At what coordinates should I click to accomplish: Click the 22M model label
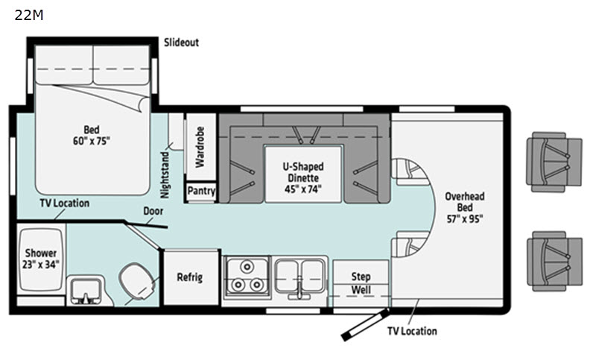click(x=29, y=15)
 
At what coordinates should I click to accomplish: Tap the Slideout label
click(x=181, y=42)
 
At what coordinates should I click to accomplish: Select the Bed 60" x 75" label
click(x=91, y=135)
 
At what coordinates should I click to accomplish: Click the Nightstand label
click(x=165, y=175)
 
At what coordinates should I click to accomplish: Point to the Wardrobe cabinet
click(x=200, y=147)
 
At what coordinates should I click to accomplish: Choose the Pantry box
click(x=201, y=191)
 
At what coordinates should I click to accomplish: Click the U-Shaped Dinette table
click(x=303, y=174)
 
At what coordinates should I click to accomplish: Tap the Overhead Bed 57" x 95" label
click(x=465, y=207)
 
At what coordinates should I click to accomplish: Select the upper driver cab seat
click(x=554, y=162)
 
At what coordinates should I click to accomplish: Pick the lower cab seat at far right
click(x=554, y=261)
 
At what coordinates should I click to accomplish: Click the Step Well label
click(x=361, y=283)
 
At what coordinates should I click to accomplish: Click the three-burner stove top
click(x=247, y=277)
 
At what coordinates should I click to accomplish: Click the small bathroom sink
click(x=86, y=291)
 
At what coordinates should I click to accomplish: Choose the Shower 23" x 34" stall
click(x=40, y=259)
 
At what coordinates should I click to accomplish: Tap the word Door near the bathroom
click(x=153, y=211)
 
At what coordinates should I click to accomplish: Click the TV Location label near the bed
click(x=65, y=203)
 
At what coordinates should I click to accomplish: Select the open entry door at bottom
click(x=364, y=325)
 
